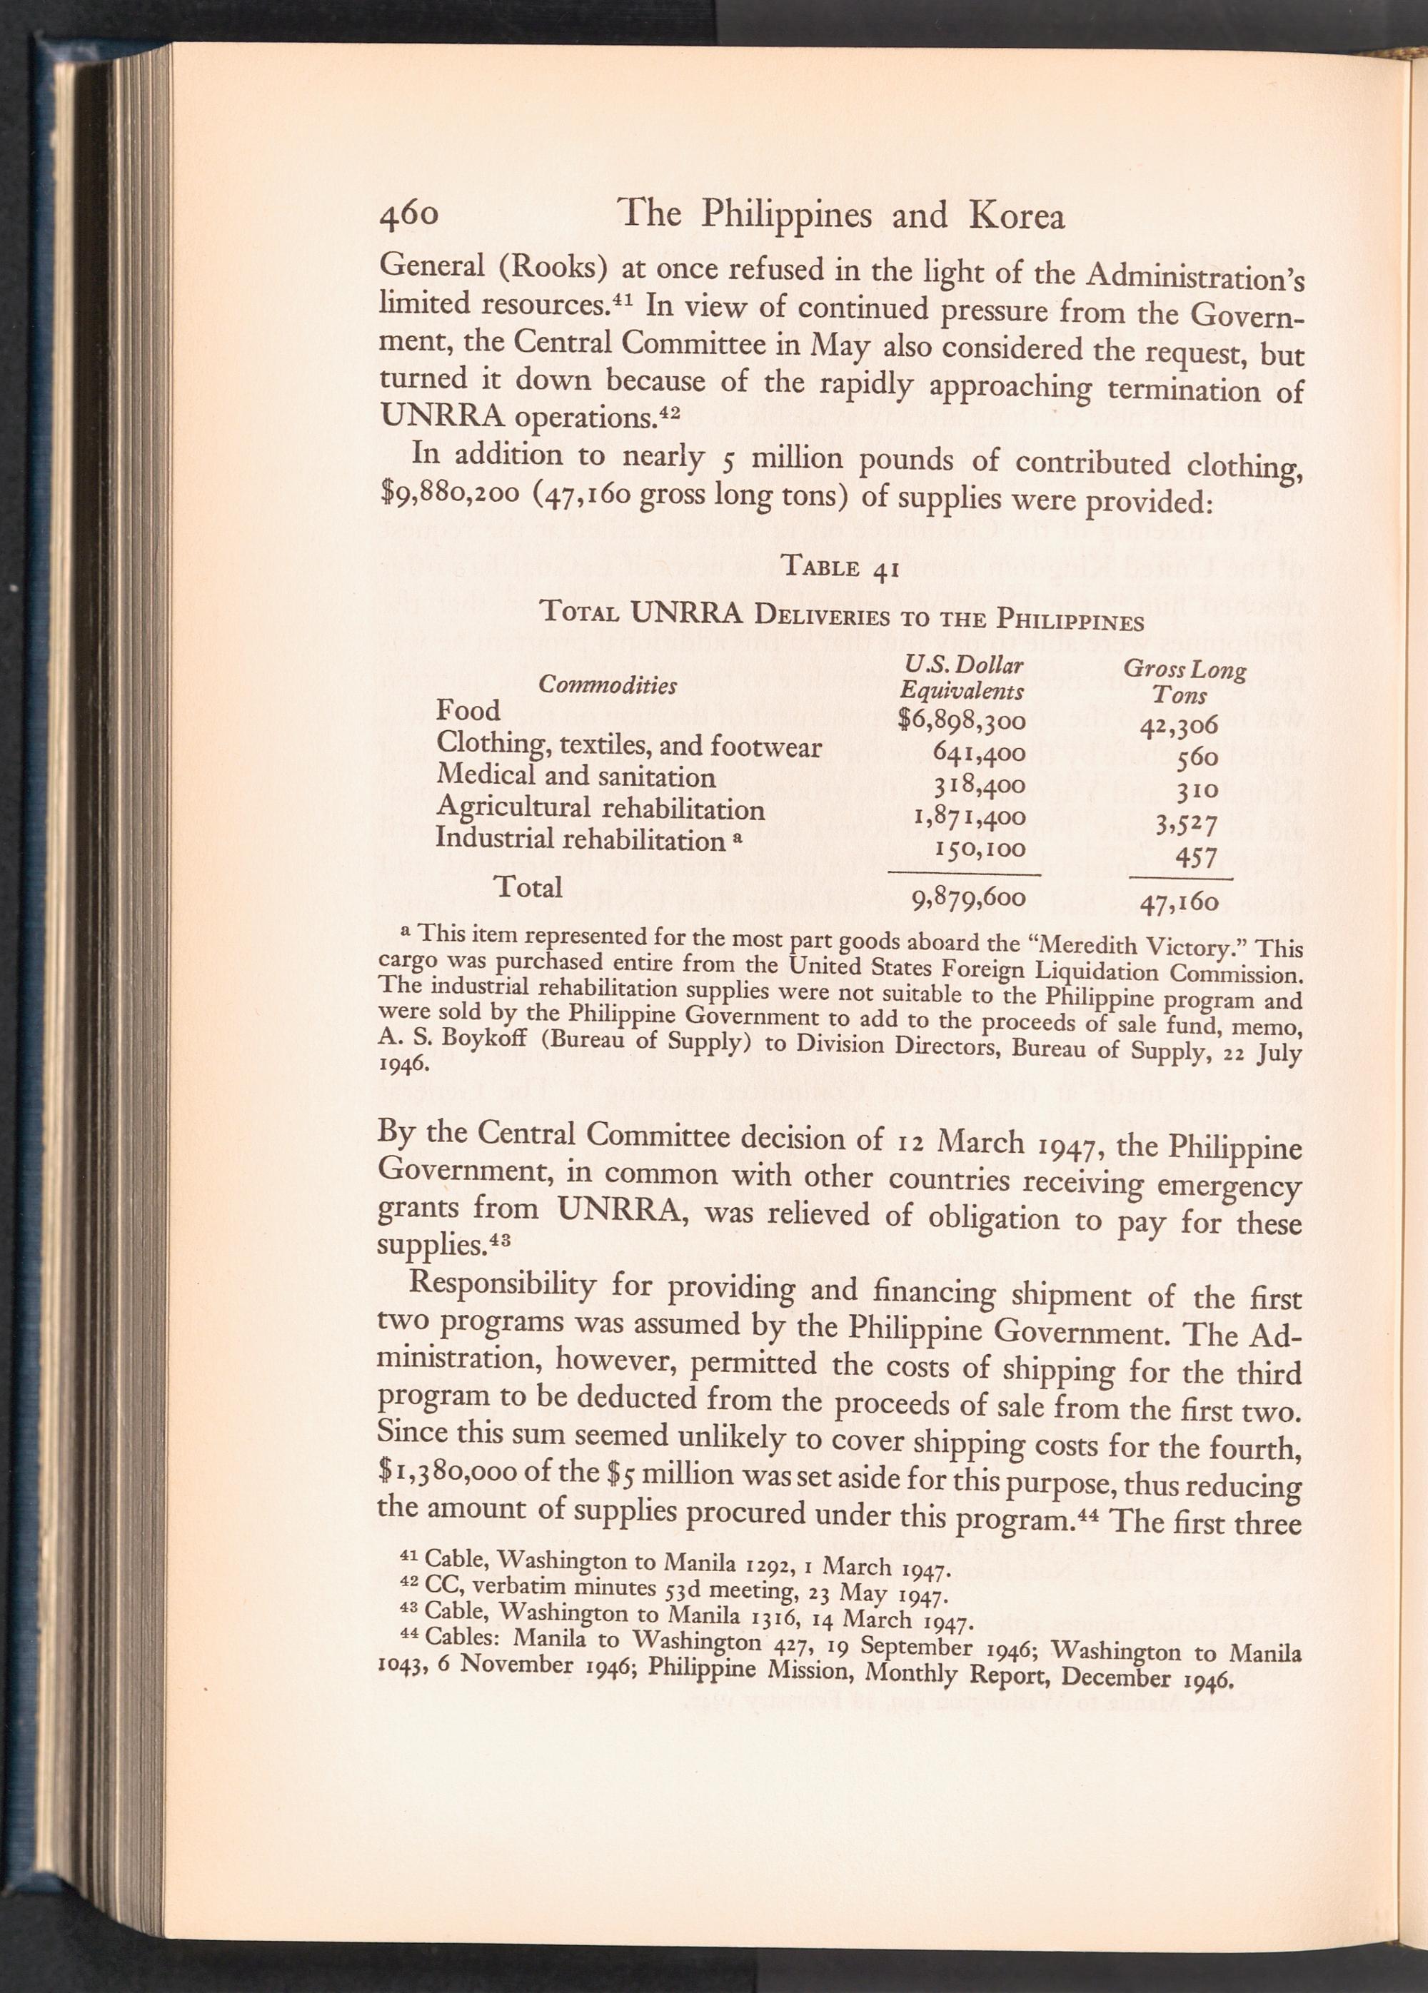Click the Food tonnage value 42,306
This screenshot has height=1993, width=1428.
tap(1178, 725)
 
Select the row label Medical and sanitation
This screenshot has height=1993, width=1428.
tap(575, 777)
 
